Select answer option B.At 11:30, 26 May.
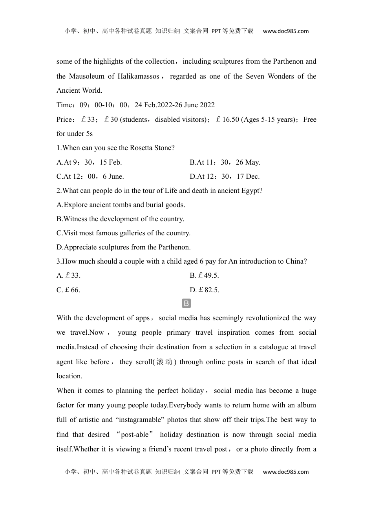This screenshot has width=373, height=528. point(225,162)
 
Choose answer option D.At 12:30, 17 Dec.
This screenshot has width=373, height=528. point(225,176)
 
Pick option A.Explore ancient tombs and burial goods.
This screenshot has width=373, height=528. point(121,205)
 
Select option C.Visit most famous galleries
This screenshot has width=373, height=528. point(123,233)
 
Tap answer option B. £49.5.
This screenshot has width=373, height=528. point(204,275)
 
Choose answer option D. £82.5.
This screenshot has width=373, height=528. point(205,290)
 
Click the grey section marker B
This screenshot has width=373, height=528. point(186,303)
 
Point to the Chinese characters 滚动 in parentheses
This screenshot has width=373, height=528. point(164,362)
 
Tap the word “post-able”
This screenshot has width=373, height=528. point(135,434)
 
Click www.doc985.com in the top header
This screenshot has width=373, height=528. point(286,31)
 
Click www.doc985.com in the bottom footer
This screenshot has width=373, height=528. point(286,472)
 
